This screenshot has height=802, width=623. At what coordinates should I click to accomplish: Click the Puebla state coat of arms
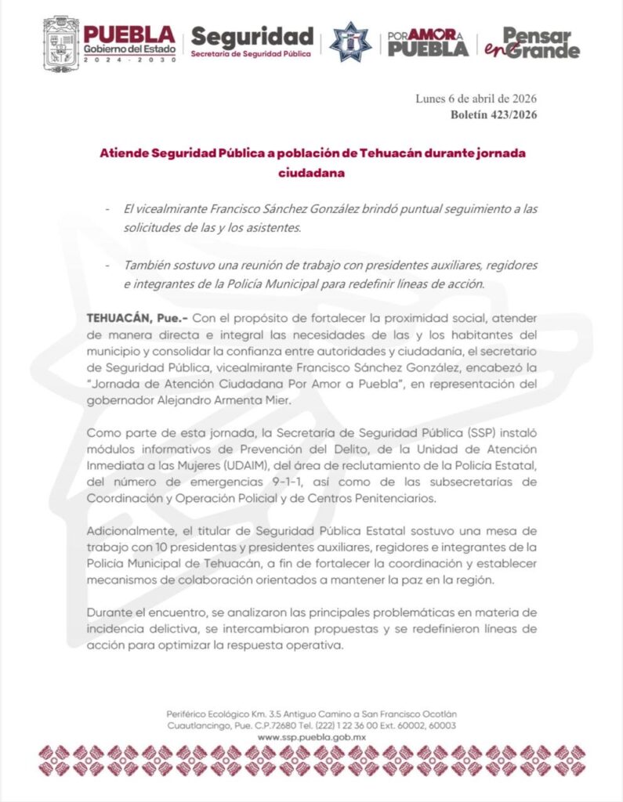(x=61, y=43)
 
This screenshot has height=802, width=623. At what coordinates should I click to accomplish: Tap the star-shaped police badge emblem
(x=350, y=42)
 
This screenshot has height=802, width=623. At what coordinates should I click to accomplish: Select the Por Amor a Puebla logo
(x=427, y=43)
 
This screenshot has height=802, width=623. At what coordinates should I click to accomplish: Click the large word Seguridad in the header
(x=252, y=37)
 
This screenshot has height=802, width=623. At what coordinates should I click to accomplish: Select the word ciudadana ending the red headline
(x=312, y=172)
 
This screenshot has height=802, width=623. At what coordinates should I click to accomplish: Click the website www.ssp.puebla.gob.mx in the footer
(x=311, y=738)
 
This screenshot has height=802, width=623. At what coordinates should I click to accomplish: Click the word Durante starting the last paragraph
(x=109, y=612)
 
